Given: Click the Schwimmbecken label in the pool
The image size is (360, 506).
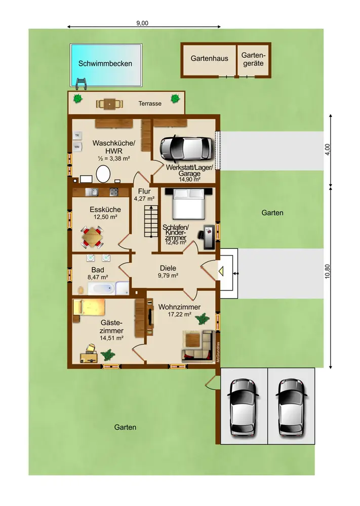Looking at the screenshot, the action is pyautogui.click(x=105, y=64).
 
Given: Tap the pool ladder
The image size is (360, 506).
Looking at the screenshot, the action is pyautogui.click(x=81, y=84).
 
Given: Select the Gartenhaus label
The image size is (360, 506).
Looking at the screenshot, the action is pyautogui.click(x=209, y=58).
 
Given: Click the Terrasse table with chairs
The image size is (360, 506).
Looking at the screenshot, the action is pyautogui.click(x=110, y=104).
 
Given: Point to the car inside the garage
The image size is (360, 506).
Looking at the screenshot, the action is pyautogui.click(x=187, y=148).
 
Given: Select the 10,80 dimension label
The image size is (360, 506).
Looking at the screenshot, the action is pyautogui.click(x=328, y=271).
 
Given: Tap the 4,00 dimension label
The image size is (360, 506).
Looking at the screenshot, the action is pyautogui.click(x=328, y=149).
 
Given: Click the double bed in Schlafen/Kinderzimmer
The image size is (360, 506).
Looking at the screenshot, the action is pyautogui.click(x=189, y=203).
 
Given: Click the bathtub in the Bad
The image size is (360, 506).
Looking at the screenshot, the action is pyautogui.click(x=101, y=288).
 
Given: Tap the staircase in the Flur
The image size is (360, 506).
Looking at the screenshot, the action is pyautogui.click(x=151, y=221).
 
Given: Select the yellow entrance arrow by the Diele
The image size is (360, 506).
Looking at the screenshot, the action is pyautogui.click(x=221, y=271).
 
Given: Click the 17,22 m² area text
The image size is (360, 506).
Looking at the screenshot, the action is pyautogui.click(x=179, y=314).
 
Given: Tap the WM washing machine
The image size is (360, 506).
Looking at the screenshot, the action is pyautogui.click(x=77, y=147).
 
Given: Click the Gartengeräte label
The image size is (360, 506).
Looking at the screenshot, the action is pyautogui.click(x=254, y=59).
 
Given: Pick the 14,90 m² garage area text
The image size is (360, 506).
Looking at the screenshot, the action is pyautogui.click(x=189, y=180).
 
